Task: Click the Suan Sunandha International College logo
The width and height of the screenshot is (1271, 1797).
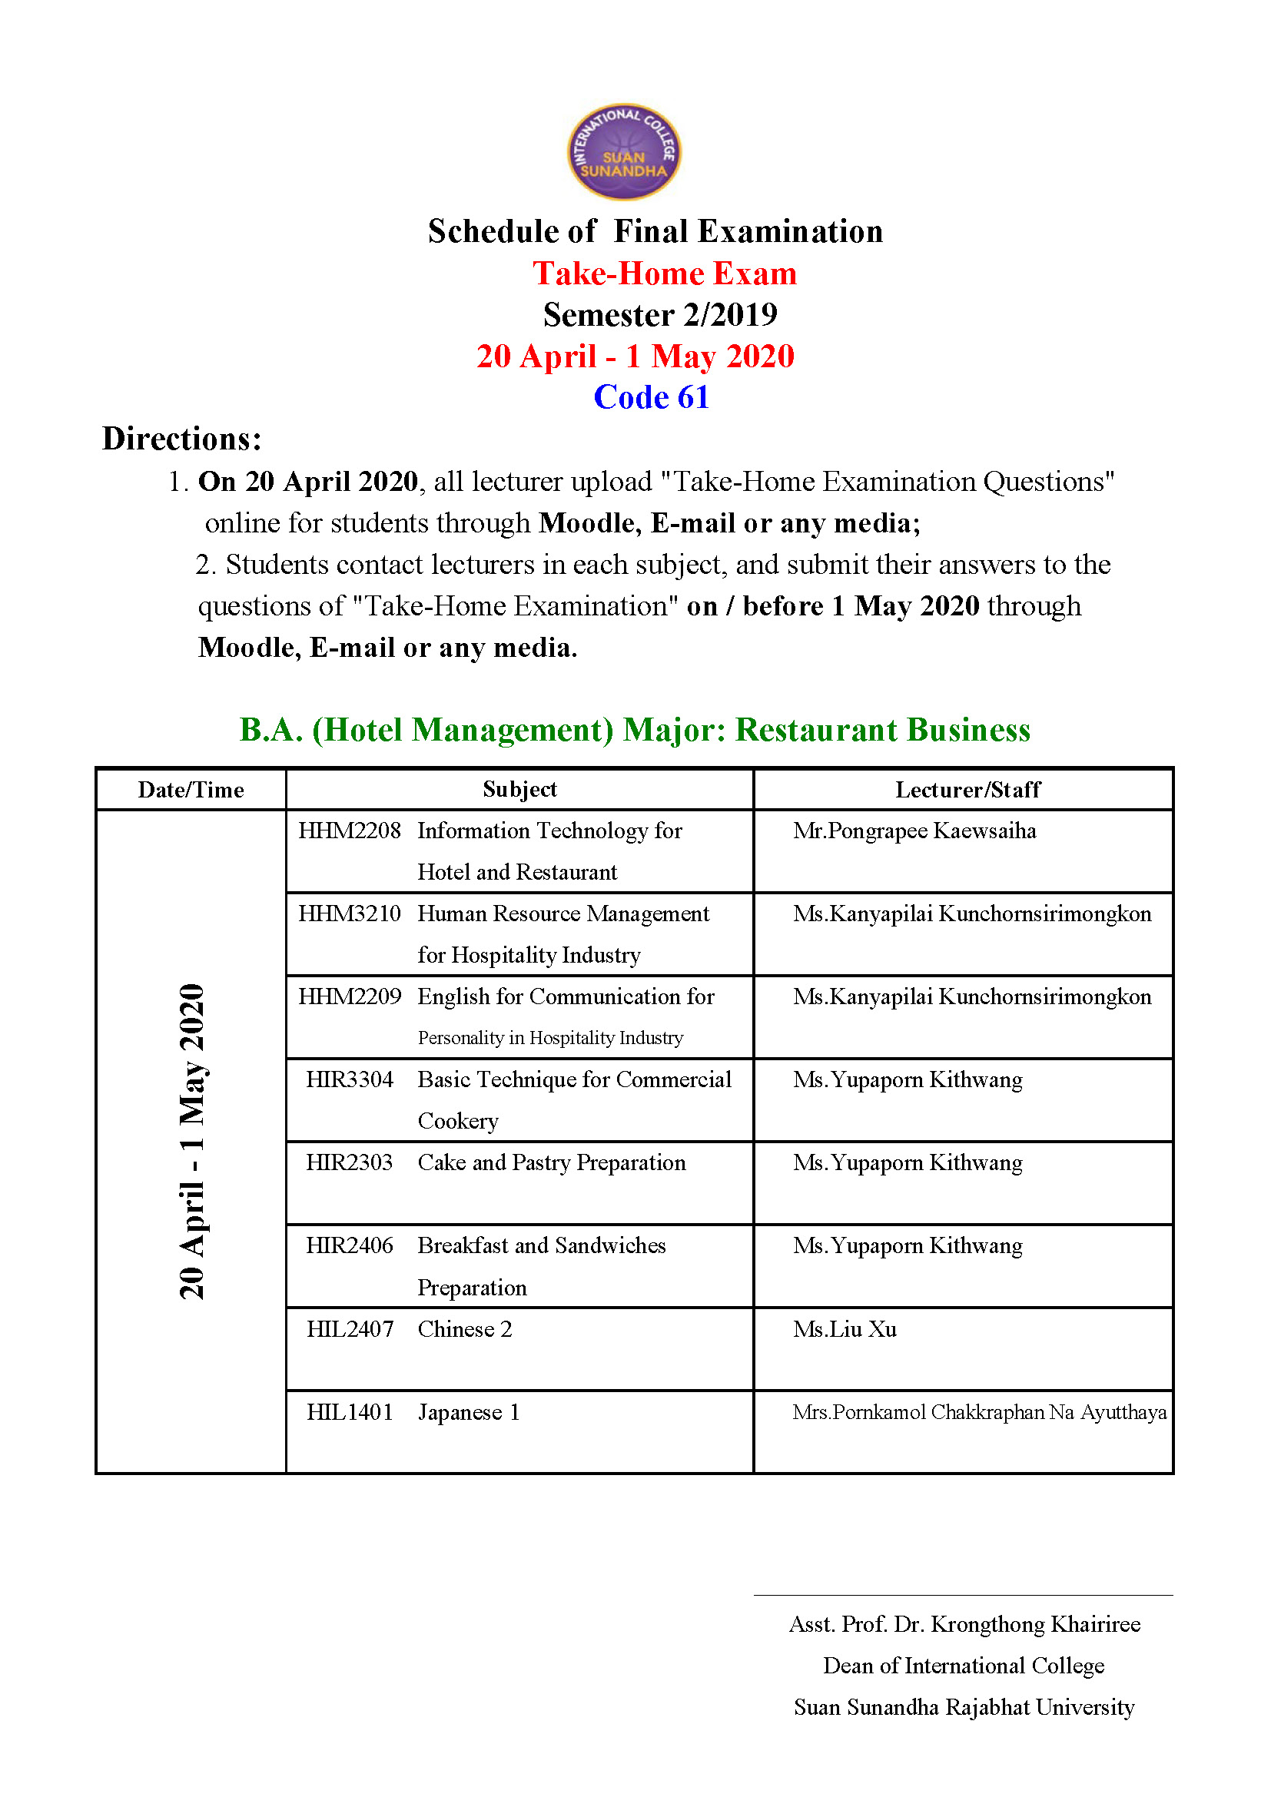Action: click(x=624, y=152)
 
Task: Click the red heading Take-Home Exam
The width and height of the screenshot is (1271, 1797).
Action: click(x=665, y=274)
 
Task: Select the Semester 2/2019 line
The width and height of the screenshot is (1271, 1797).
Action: click(x=660, y=316)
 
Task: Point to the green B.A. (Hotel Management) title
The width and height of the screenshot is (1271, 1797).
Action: click(x=635, y=730)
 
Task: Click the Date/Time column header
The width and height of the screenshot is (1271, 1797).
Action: click(x=191, y=790)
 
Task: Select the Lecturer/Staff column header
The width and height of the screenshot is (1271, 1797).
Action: click(x=967, y=790)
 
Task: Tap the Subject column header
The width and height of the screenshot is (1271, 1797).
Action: click(x=519, y=790)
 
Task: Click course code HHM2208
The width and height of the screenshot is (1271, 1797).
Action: click(x=349, y=831)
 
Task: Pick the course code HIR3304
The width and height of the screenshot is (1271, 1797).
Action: click(x=349, y=1079)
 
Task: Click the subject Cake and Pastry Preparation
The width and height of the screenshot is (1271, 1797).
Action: click(x=551, y=1162)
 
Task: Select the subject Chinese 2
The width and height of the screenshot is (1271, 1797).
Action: click(x=465, y=1329)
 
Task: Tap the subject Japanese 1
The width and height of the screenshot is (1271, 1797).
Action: click(x=468, y=1412)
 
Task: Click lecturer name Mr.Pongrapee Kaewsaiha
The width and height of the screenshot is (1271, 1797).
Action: click(x=914, y=831)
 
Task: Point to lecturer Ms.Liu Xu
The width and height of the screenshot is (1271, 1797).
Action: click(x=845, y=1329)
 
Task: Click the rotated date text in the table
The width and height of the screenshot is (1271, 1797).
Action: click(x=192, y=1141)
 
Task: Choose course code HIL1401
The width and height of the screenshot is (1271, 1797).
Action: click(x=349, y=1412)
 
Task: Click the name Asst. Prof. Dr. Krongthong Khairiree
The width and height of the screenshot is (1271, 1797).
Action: click(x=964, y=1624)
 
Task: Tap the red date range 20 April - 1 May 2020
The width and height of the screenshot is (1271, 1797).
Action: click(x=635, y=357)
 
